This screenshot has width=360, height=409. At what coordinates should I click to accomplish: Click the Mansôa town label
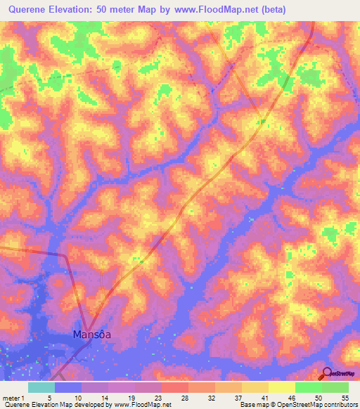(92, 335)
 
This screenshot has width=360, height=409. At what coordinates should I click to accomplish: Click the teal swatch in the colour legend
(41, 387)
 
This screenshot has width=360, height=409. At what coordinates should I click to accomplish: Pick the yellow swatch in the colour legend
(282, 387)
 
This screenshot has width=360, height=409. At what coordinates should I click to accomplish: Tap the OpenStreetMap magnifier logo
(326, 372)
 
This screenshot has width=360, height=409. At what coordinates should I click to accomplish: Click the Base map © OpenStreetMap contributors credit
(298, 405)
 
